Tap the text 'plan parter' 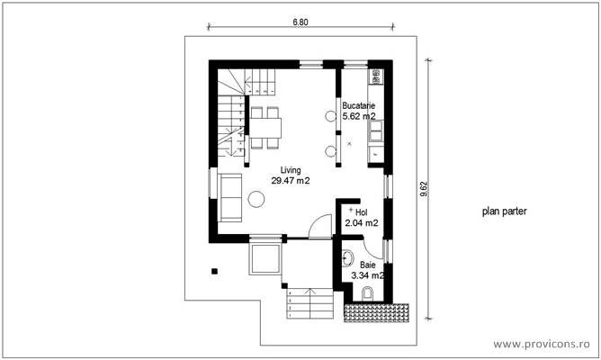point(504,212)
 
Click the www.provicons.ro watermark point(543,344)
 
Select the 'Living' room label point(290,170)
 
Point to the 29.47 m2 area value point(290,181)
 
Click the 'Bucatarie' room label point(359,106)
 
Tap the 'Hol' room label point(362,211)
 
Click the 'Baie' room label point(368,265)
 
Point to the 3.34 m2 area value point(368,276)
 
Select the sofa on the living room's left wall point(229,198)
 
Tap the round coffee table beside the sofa point(256,202)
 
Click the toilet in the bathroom point(366,294)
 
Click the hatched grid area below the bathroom point(377,310)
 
